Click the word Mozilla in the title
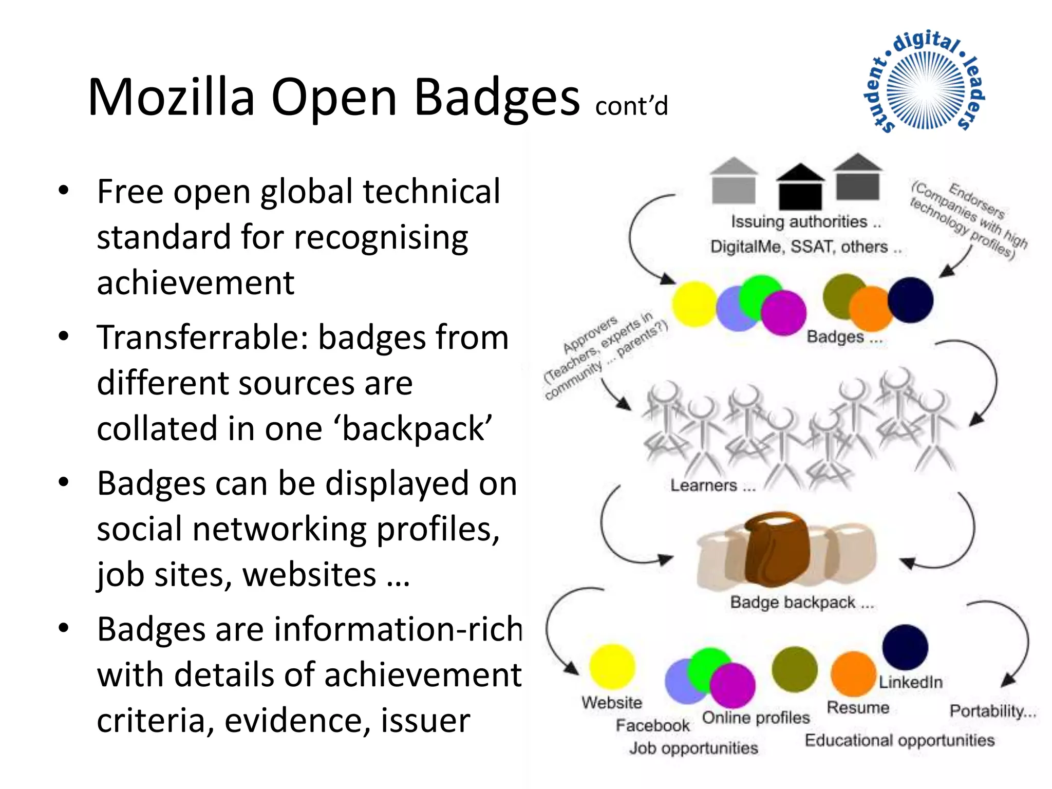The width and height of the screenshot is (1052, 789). tap(172, 98)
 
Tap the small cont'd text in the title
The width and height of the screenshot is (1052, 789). tap(631, 106)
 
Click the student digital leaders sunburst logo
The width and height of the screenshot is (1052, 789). tap(925, 82)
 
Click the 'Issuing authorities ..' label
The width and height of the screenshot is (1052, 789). tap(805, 222)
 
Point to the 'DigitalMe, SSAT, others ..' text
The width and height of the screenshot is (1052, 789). tap(805, 247)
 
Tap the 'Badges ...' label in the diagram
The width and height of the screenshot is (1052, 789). tap(844, 337)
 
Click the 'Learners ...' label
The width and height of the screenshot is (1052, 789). tap(712, 485)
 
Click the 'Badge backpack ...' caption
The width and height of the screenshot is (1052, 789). tap(801, 602)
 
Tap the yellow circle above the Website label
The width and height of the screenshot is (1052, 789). tap(612, 666)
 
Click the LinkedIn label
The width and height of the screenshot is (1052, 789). tap(910, 682)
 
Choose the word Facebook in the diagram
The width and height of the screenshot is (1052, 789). tap(652, 725)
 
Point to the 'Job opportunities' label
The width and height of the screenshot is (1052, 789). tap(693, 748)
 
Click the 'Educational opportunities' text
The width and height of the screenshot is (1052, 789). tap(899, 740)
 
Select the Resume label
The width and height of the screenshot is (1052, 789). tap(858, 708)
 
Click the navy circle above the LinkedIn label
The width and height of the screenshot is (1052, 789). tap(905, 647)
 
